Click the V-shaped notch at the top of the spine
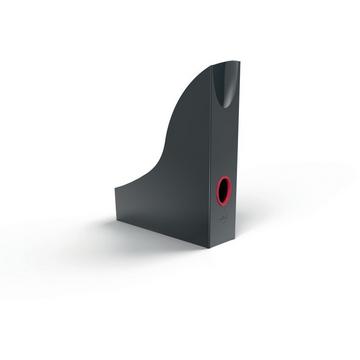(227, 72)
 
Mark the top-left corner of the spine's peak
(212, 66)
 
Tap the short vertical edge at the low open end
(113, 200)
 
